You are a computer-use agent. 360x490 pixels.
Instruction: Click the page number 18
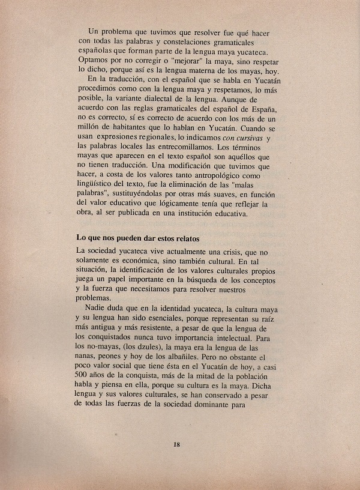[x=176, y=444]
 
